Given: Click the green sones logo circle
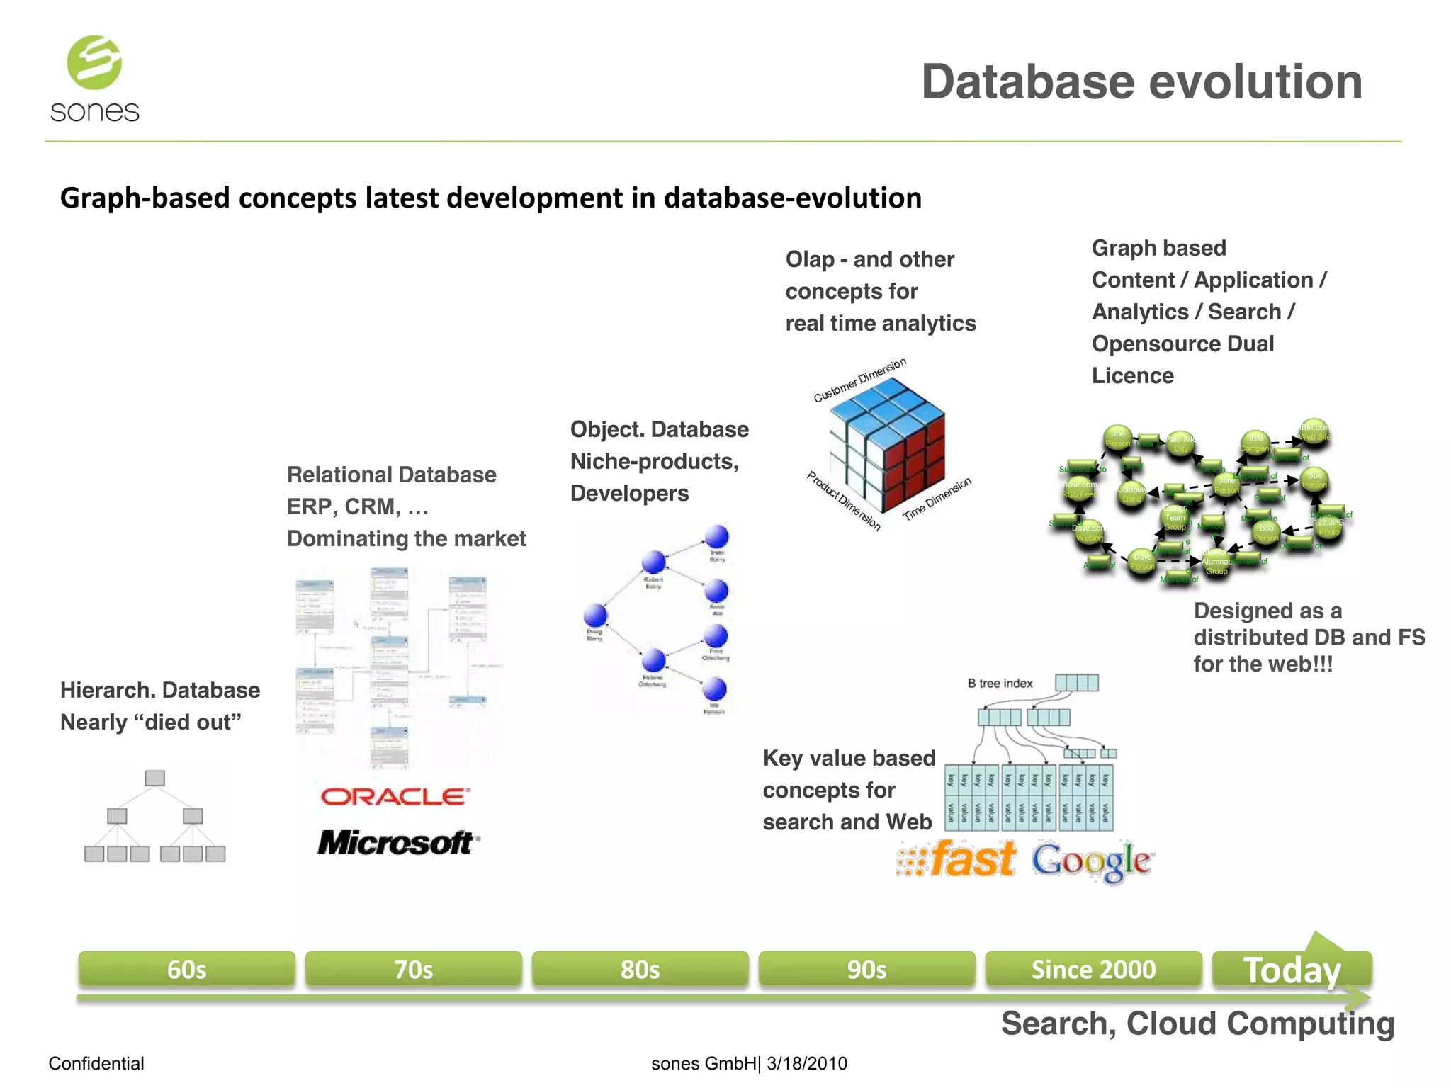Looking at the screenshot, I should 94,62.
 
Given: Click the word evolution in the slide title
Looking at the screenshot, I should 1255,82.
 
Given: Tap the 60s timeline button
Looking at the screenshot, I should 186,969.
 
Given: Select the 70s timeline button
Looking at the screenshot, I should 413,969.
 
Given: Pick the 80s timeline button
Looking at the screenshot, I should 640,969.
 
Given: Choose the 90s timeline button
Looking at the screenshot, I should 866,969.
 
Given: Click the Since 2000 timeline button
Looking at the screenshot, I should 1093,969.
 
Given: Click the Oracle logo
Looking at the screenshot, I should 395,797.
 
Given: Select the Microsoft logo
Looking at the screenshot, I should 397,843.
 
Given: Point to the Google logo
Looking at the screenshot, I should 1091,861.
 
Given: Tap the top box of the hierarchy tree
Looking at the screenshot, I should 154,778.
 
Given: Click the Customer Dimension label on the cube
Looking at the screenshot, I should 859,380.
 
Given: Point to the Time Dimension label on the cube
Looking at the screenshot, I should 937,499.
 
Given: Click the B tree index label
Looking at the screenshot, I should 1000,684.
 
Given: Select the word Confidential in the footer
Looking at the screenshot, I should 96,1063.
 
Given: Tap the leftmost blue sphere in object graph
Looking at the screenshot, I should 595,614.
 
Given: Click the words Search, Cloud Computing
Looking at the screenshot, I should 1197,1024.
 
